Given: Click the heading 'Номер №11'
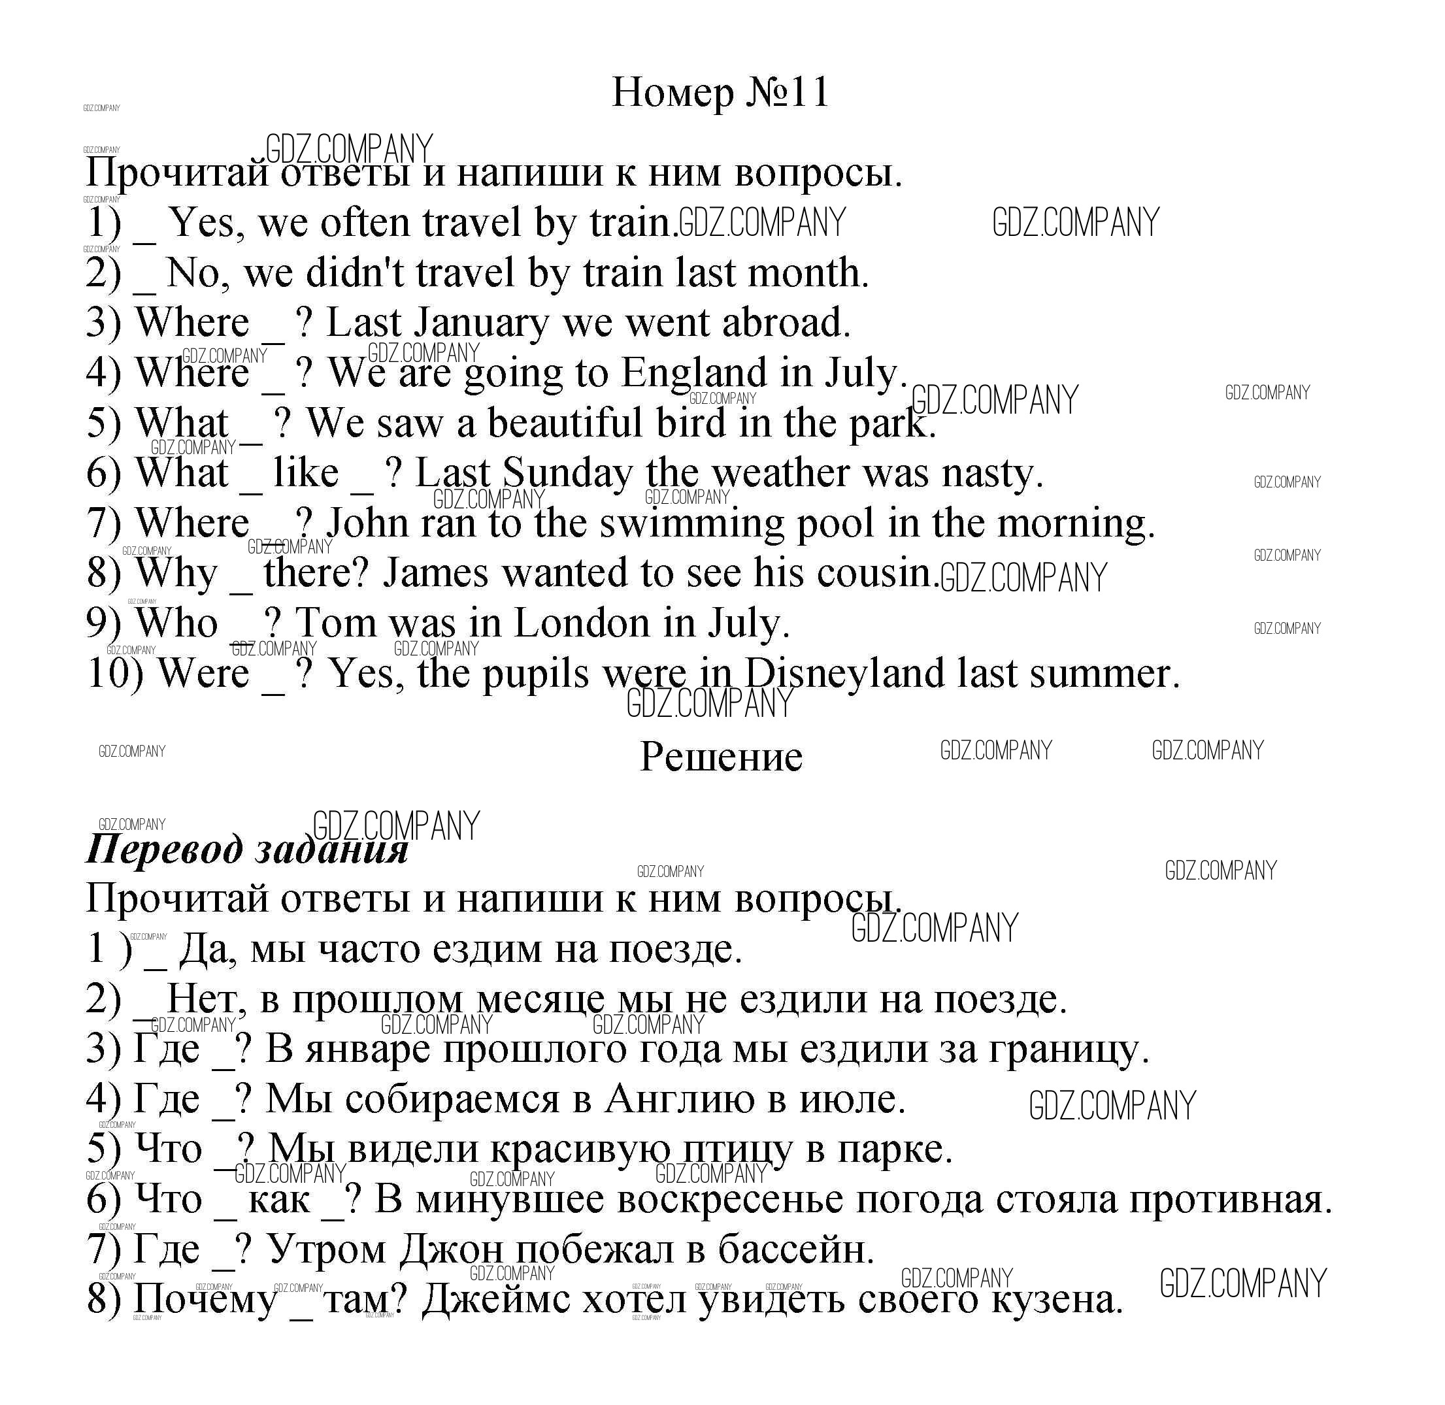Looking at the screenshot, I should click(x=720, y=93).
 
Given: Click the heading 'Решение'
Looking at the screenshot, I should click(x=720, y=757).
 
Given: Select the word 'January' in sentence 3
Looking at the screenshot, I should click(x=481, y=324).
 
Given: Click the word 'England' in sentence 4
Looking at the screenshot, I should click(x=693, y=373).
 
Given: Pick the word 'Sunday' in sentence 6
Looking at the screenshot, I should click(x=567, y=474).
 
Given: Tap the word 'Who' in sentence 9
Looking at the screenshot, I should click(x=177, y=623).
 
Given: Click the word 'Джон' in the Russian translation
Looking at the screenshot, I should click(x=451, y=1250).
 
